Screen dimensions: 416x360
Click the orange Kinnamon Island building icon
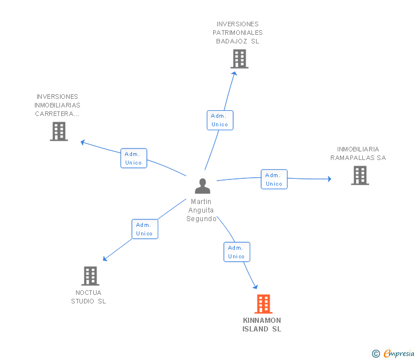[x=263, y=304]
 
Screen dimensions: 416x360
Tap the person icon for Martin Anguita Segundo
[x=202, y=186]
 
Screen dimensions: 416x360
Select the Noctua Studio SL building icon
[x=90, y=276]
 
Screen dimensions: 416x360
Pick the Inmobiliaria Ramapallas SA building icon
[x=360, y=175]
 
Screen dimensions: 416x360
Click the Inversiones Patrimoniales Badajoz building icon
[x=239, y=59]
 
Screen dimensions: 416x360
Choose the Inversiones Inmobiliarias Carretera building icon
[x=59, y=131]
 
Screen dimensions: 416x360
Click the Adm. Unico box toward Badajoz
[x=220, y=120]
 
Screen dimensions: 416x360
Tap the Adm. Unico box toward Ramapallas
[x=274, y=179]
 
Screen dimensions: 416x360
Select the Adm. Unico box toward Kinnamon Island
[x=237, y=252]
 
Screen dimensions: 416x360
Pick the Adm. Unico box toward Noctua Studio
[x=145, y=229]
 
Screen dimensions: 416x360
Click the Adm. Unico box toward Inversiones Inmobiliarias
[x=134, y=158]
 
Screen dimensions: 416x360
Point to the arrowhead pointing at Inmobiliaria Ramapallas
[x=330, y=179]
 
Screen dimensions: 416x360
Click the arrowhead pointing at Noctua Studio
[x=105, y=258]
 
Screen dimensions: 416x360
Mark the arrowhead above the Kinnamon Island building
[x=255, y=286]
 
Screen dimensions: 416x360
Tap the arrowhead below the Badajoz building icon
[x=234, y=74]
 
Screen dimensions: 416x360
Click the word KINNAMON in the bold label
[x=262, y=320]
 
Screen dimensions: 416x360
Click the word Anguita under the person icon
[x=201, y=210]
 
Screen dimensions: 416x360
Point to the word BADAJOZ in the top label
[x=231, y=41]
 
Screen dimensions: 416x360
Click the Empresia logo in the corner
[x=393, y=353]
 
